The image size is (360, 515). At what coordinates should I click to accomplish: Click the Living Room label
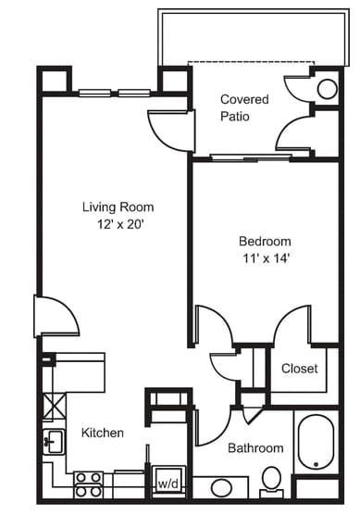pyautogui.click(x=118, y=207)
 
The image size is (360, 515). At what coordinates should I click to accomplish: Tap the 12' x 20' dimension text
pyautogui.click(x=118, y=225)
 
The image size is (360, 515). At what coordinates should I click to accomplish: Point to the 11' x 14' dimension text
pyautogui.click(x=264, y=258)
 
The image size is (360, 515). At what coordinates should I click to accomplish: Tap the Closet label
pyautogui.click(x=299, y=369)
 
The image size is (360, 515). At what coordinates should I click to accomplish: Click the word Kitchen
pyautogui.click(x=103, y=433)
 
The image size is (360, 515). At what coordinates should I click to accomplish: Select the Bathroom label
pyautogui.click(x=255, y=448)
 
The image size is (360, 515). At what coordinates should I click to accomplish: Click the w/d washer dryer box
pyautogui.click(x=168, y=483)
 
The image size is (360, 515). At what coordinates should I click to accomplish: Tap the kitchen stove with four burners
pyautogui.click(x=88, y=482)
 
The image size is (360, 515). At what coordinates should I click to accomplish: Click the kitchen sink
pyautogui.click(x=52, y=442)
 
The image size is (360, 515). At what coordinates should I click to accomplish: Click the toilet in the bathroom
pyautogui.click(x=271, y=479)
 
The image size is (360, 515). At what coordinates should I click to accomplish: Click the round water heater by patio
pyautogui.click(x=328, y=89)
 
